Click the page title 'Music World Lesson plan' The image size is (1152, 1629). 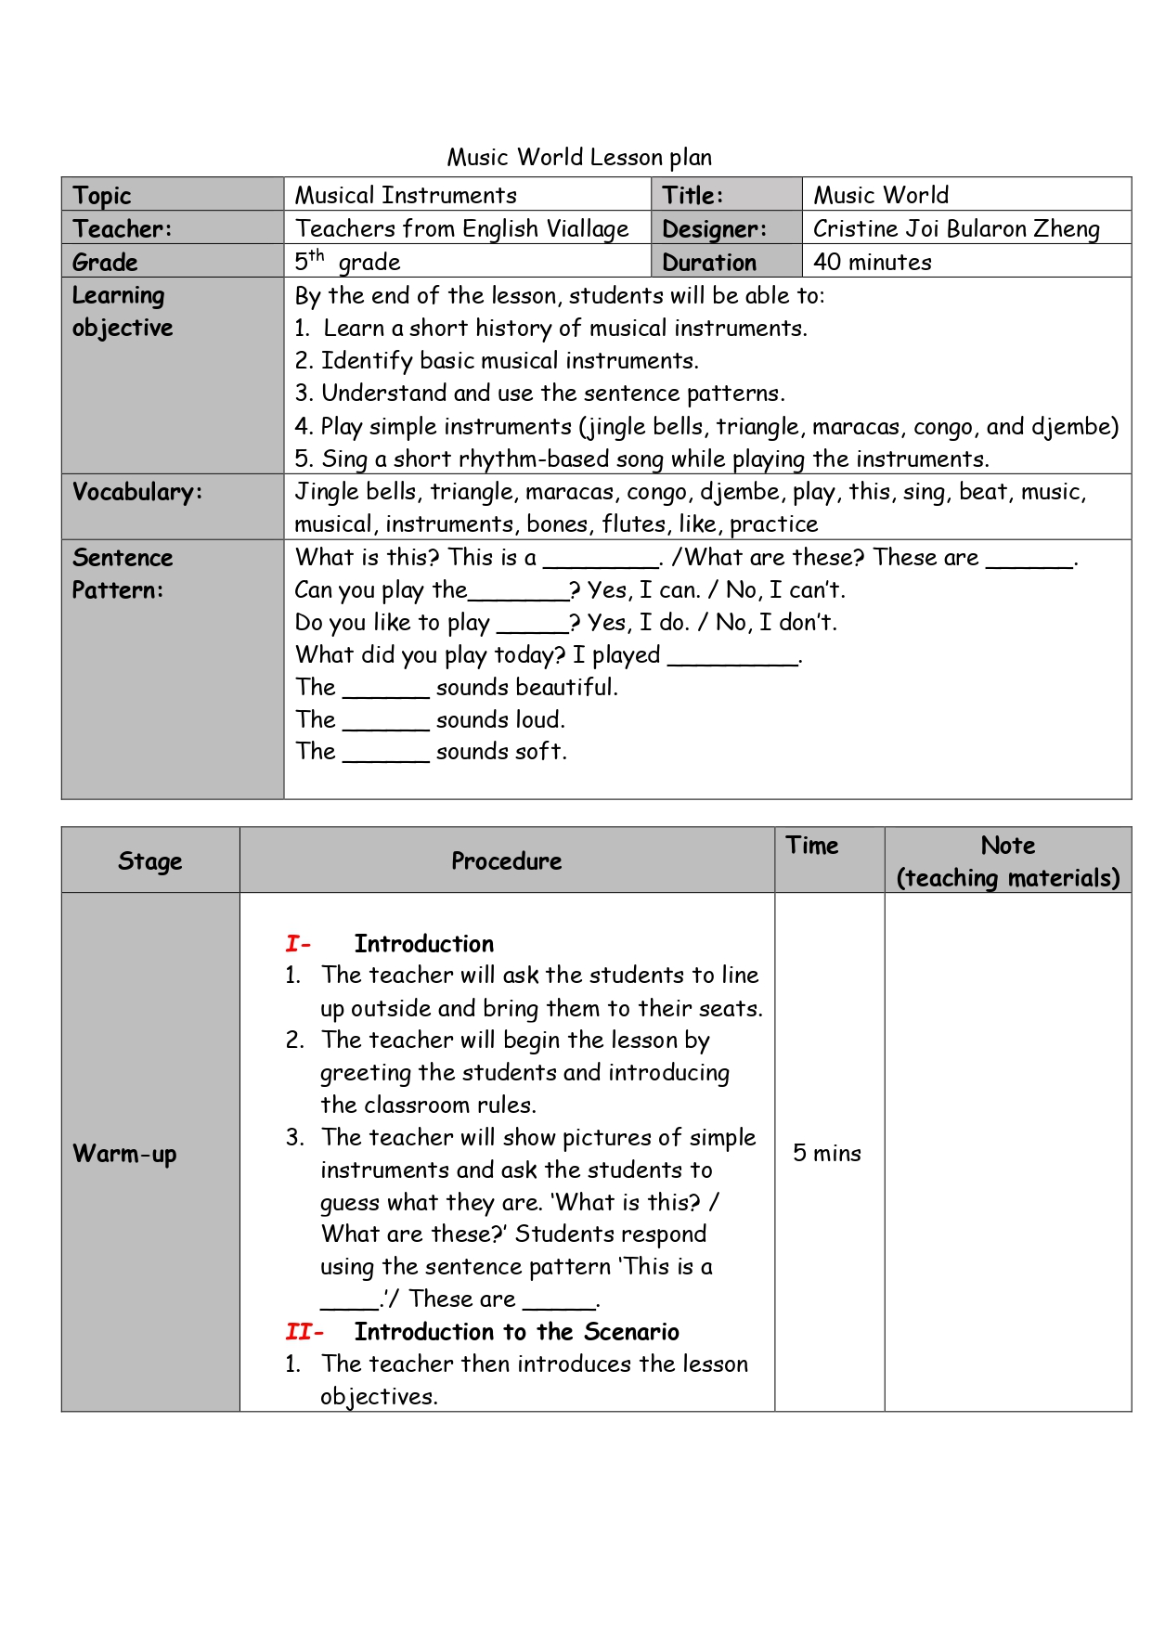(579, 157)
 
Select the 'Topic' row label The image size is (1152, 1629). (102, 195)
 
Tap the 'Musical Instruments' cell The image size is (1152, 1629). (406, 195)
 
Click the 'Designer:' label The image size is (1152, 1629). (714, 228)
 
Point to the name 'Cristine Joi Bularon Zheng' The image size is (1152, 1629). (956, 228)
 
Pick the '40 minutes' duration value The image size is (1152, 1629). (872, 262)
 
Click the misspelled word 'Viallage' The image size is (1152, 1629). (588, 228)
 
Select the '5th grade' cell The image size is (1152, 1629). (348, 262)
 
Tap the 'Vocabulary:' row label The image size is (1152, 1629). (136, 492)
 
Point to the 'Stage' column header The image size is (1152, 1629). (149, 861)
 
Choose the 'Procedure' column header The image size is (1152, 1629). (506, 861)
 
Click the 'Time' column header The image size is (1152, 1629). (811, 846)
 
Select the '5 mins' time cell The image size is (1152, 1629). (826, 1153)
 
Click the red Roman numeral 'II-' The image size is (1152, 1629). (304, 1332)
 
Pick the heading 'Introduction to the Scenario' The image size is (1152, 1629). (516, 1332)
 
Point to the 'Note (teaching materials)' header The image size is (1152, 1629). (1008, 861)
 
